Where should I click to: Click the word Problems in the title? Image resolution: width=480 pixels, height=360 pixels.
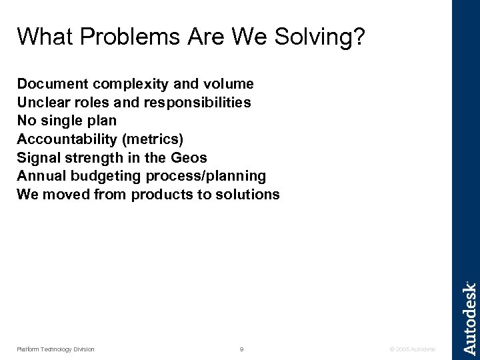115,39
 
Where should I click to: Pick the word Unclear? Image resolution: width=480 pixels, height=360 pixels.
41,103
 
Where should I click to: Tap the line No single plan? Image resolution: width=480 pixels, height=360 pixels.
67,121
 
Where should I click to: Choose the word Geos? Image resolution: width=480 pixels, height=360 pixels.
190,158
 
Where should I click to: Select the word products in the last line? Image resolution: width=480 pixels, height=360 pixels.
160,195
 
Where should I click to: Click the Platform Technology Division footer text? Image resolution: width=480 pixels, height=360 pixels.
55,349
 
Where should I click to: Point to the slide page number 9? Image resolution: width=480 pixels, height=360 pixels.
241,349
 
